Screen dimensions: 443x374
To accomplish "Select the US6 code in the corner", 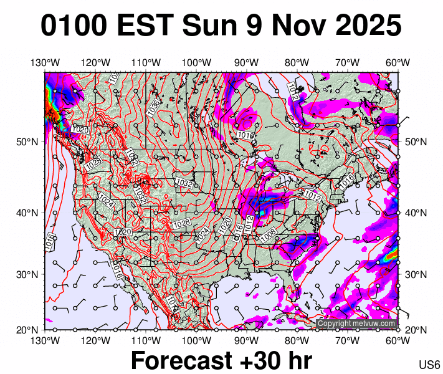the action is [x=430, y=365].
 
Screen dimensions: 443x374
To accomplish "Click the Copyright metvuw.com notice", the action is [x=356, y=324].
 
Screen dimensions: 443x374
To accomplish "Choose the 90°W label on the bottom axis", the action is [x=247, y=340].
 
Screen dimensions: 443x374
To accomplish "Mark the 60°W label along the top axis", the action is [x=398, y=62].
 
